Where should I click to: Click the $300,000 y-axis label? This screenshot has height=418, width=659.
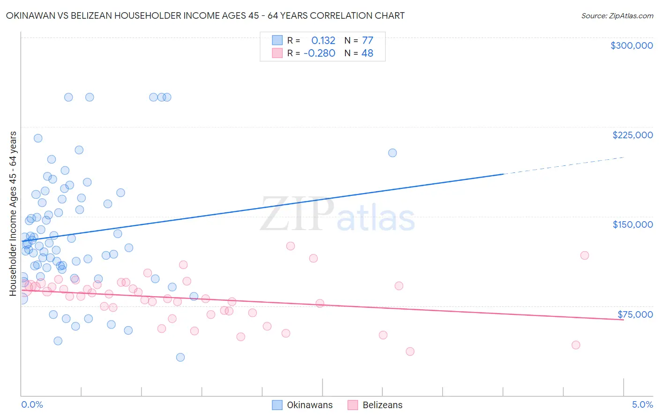click(x=631, y=45)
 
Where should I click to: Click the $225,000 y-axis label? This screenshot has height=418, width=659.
click(x=632, y=135)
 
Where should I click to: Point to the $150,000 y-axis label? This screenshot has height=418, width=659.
click(x=632, y=224)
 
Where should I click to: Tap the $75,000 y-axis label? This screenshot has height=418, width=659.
click(x=635, y=314)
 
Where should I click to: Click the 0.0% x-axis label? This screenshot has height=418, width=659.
click(x=32, y=404)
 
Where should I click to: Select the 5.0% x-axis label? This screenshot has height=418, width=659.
click(x=642, y=404)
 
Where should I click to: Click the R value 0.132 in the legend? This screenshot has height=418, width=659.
click(x=323, y=40)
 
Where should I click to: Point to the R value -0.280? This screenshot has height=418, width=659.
click(x=319, y=53)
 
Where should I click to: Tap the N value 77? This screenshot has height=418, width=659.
click(x=367, y=40)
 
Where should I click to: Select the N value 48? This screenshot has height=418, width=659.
click(x=367, y=53)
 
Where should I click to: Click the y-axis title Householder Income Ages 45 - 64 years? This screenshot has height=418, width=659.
click(x=13, y=213)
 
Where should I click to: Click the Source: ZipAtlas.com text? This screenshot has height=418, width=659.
click(x=617, y=15)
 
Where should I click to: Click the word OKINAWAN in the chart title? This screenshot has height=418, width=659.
click(x=30, y=15)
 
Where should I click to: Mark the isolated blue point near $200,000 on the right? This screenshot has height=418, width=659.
click(x=392, y=153)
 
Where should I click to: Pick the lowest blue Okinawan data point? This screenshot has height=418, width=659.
click(x=180, y=357)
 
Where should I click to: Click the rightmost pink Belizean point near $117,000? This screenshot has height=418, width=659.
click(x=584, y=255)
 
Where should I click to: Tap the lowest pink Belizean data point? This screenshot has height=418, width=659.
click(x=410, y=351)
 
